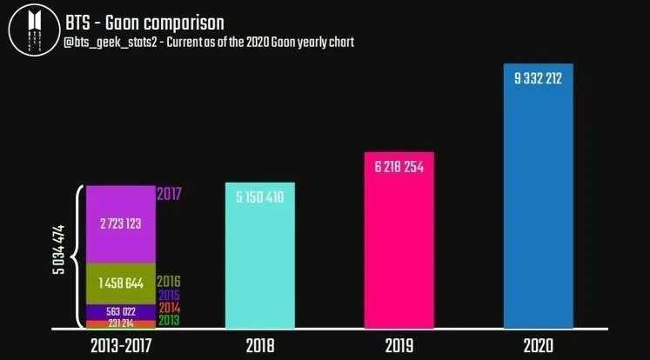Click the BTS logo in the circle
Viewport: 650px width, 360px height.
click(33, 32)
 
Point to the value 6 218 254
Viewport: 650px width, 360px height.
click(399, 168)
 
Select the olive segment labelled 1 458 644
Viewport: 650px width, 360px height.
click(121, 283)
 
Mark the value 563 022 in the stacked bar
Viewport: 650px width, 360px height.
click(121, 312)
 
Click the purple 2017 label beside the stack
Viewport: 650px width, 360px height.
click(169, 194)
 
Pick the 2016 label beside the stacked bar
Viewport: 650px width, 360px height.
click(168, 282)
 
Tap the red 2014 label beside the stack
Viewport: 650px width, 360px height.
click(168, 309)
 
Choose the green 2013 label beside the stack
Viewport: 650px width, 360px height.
click(168, 322)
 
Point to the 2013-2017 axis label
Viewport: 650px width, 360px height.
click(122, 344)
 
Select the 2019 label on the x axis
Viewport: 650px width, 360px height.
click(399, 344)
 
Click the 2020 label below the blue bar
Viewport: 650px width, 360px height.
click(539, 344)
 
